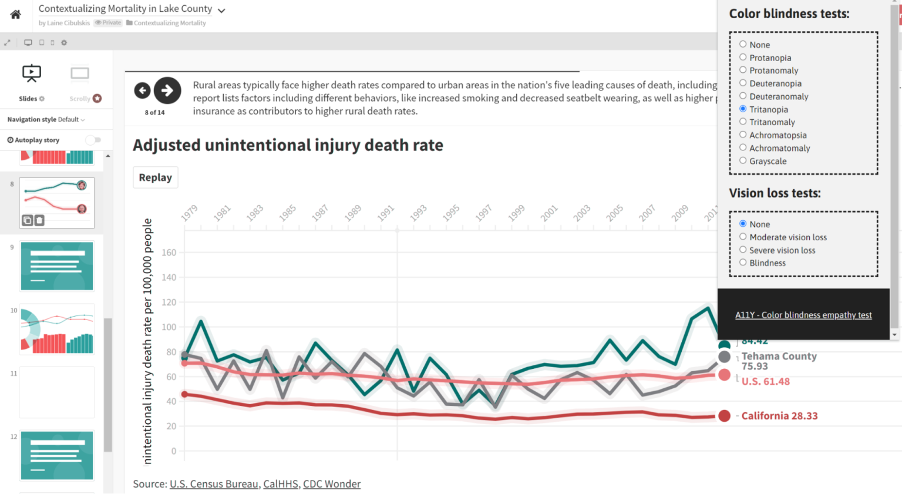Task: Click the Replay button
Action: coord(155,177)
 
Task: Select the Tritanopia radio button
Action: coord(743,109)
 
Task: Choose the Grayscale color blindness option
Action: coord(743,160)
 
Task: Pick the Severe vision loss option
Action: coord(743,250)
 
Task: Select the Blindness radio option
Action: coord(743,263)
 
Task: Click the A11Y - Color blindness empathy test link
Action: coord(803,315)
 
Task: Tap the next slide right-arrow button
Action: coord(167,90)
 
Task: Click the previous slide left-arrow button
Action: coord(142,90)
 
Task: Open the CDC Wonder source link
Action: coord(331,484)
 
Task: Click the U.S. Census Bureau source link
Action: coord(214,484)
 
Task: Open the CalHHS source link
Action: coord(280,484)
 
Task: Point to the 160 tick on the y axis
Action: coord(169,253)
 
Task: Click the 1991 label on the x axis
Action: coord(386,213)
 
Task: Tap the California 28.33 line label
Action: coord(779,416)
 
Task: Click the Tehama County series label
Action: coord(779,357)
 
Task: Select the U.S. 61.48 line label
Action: coord(765,382)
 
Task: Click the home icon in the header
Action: coord(16,15)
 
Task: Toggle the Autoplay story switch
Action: coord(93,140)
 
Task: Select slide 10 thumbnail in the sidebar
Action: coord(57,330)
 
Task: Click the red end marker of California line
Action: coord(724,416)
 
